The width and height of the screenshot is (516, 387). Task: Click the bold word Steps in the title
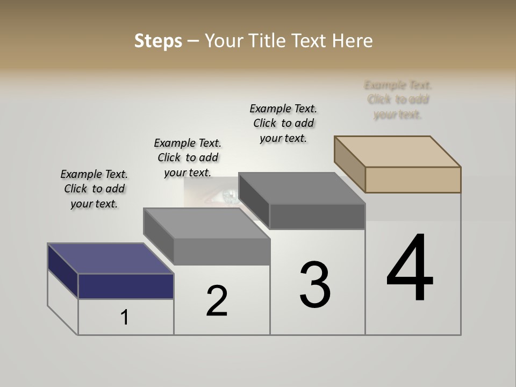(x=158, y=41)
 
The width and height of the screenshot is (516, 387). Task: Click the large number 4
(x=410, y=269)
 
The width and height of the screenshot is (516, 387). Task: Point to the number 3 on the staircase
(x=315, y=285)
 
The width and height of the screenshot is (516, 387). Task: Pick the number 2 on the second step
(x=217, y=301)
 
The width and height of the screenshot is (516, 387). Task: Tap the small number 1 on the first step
(x=125, y=318)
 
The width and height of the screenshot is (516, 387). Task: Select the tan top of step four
(x=398, y=151)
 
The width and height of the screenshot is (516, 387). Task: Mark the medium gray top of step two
(x=206, y=223)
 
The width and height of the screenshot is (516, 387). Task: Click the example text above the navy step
(x=94, y=189)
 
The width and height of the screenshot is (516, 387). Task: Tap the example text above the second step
(x=188, y=157)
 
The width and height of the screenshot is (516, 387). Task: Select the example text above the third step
(x=283, y=123)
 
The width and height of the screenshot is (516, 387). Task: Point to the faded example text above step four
(x=398, y=99)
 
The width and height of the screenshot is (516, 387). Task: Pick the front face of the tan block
(x=413, y=180)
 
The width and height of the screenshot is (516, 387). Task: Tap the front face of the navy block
(x=126, y=286)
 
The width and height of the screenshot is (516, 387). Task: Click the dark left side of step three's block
(x=254, y=202)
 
